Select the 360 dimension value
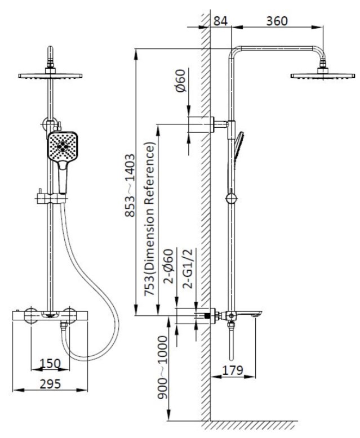pos(277,21)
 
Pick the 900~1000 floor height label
pos(163,368)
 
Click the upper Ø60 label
pos(180,83)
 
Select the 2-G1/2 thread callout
pos(189,271)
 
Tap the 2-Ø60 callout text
pos(170,271)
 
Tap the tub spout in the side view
pos(248,316)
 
